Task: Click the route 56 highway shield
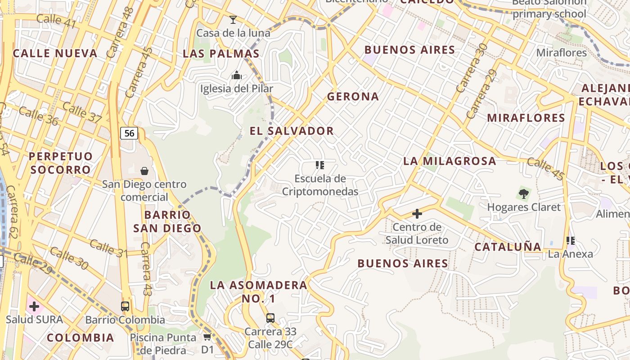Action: [x=129, y=133]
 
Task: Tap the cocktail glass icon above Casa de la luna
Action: [x=233, y=19]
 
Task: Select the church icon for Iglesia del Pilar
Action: [x=237, y=75]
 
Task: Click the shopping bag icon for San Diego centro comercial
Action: [x=144, y=171]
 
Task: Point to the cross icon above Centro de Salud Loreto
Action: [x=417, y=213]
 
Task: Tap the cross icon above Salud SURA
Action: [x=34, y=307]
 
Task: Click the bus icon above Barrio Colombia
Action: [x=125, y=306]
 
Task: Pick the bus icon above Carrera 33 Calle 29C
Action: [x=270, y=318]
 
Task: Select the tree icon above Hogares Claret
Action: [x=524, y=194]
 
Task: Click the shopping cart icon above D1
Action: [x=207, y=336]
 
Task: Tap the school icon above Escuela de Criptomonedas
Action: [x=320, y=165]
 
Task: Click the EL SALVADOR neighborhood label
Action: [x=292, y=131]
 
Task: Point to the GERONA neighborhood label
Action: [x=353, y=96]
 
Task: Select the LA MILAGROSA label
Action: [x=450, y=161]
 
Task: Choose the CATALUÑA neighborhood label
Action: [x=508, y=247]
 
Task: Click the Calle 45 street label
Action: [x=545, y=169]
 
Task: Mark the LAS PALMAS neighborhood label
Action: [x=221, y=54]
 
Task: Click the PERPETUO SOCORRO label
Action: [x=61, y=163]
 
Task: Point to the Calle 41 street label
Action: [x=56, y=21]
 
